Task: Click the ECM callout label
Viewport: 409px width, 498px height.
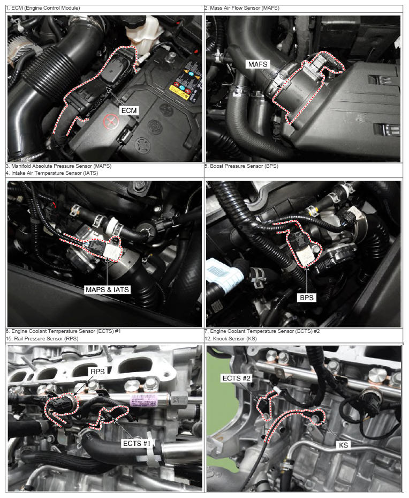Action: tap(129, 110)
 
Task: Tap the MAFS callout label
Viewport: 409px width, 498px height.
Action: tap(257, 64)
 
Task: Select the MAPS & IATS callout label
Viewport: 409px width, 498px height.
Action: tap(107, 289)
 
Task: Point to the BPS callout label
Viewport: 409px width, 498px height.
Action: tap(307, 298)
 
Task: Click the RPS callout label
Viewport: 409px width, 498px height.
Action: tap(97, 371)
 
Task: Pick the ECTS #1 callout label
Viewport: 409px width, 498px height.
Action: tap(137, 443)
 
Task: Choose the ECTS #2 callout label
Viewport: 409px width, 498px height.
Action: tap(237, 378)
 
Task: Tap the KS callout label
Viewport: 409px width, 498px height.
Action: tap(343, 445)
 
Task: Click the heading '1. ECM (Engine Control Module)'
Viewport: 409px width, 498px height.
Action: tap(43, 8)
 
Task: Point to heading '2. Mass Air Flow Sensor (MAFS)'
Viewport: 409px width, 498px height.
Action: tap(241, 8)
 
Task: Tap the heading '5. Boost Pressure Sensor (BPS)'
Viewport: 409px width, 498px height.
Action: tap(241, 166)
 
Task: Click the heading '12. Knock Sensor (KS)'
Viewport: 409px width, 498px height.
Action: tap(231, 339)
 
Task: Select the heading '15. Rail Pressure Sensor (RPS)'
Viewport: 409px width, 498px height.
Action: tap(42, 339)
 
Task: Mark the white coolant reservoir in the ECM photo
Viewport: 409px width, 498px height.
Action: tap(141, 30)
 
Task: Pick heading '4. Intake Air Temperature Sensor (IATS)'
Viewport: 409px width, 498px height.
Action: tap(52, 173)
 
